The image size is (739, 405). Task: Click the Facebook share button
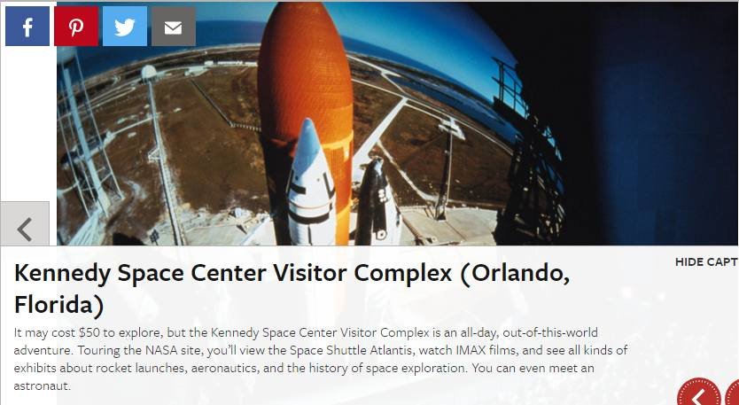pos(27,27)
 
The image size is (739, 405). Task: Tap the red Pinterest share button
pos(76,27)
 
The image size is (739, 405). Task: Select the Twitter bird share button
pos(125,27)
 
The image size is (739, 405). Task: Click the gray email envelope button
pos(174,27)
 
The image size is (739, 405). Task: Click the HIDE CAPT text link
pos(706,262)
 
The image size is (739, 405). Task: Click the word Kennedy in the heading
pos(62,274)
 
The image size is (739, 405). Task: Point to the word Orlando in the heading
pos(516,274)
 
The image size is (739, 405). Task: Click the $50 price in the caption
pos(89,333)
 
